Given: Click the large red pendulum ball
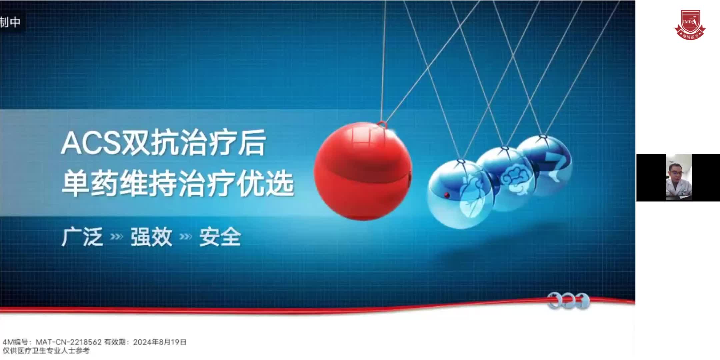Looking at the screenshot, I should pos(363,171).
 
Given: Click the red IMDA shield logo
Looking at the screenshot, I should pos(690,24).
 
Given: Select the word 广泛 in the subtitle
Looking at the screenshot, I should pos(82,237).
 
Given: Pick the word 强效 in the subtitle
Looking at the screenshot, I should pos(151,237).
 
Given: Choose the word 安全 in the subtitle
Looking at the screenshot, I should pos(220,237).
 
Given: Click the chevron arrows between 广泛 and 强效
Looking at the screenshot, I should pos(116,237).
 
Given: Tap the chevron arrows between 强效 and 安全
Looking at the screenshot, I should pos(185,237).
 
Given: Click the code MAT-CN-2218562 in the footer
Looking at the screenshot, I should pos(69,342).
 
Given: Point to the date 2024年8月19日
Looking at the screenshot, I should pos(160,342).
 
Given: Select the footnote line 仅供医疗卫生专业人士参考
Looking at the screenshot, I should pos(46,351).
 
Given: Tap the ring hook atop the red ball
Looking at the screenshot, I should pos(382,125).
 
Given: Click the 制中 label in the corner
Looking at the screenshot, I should pos(10,22).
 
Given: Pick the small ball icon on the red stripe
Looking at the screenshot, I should pos(568,301).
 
